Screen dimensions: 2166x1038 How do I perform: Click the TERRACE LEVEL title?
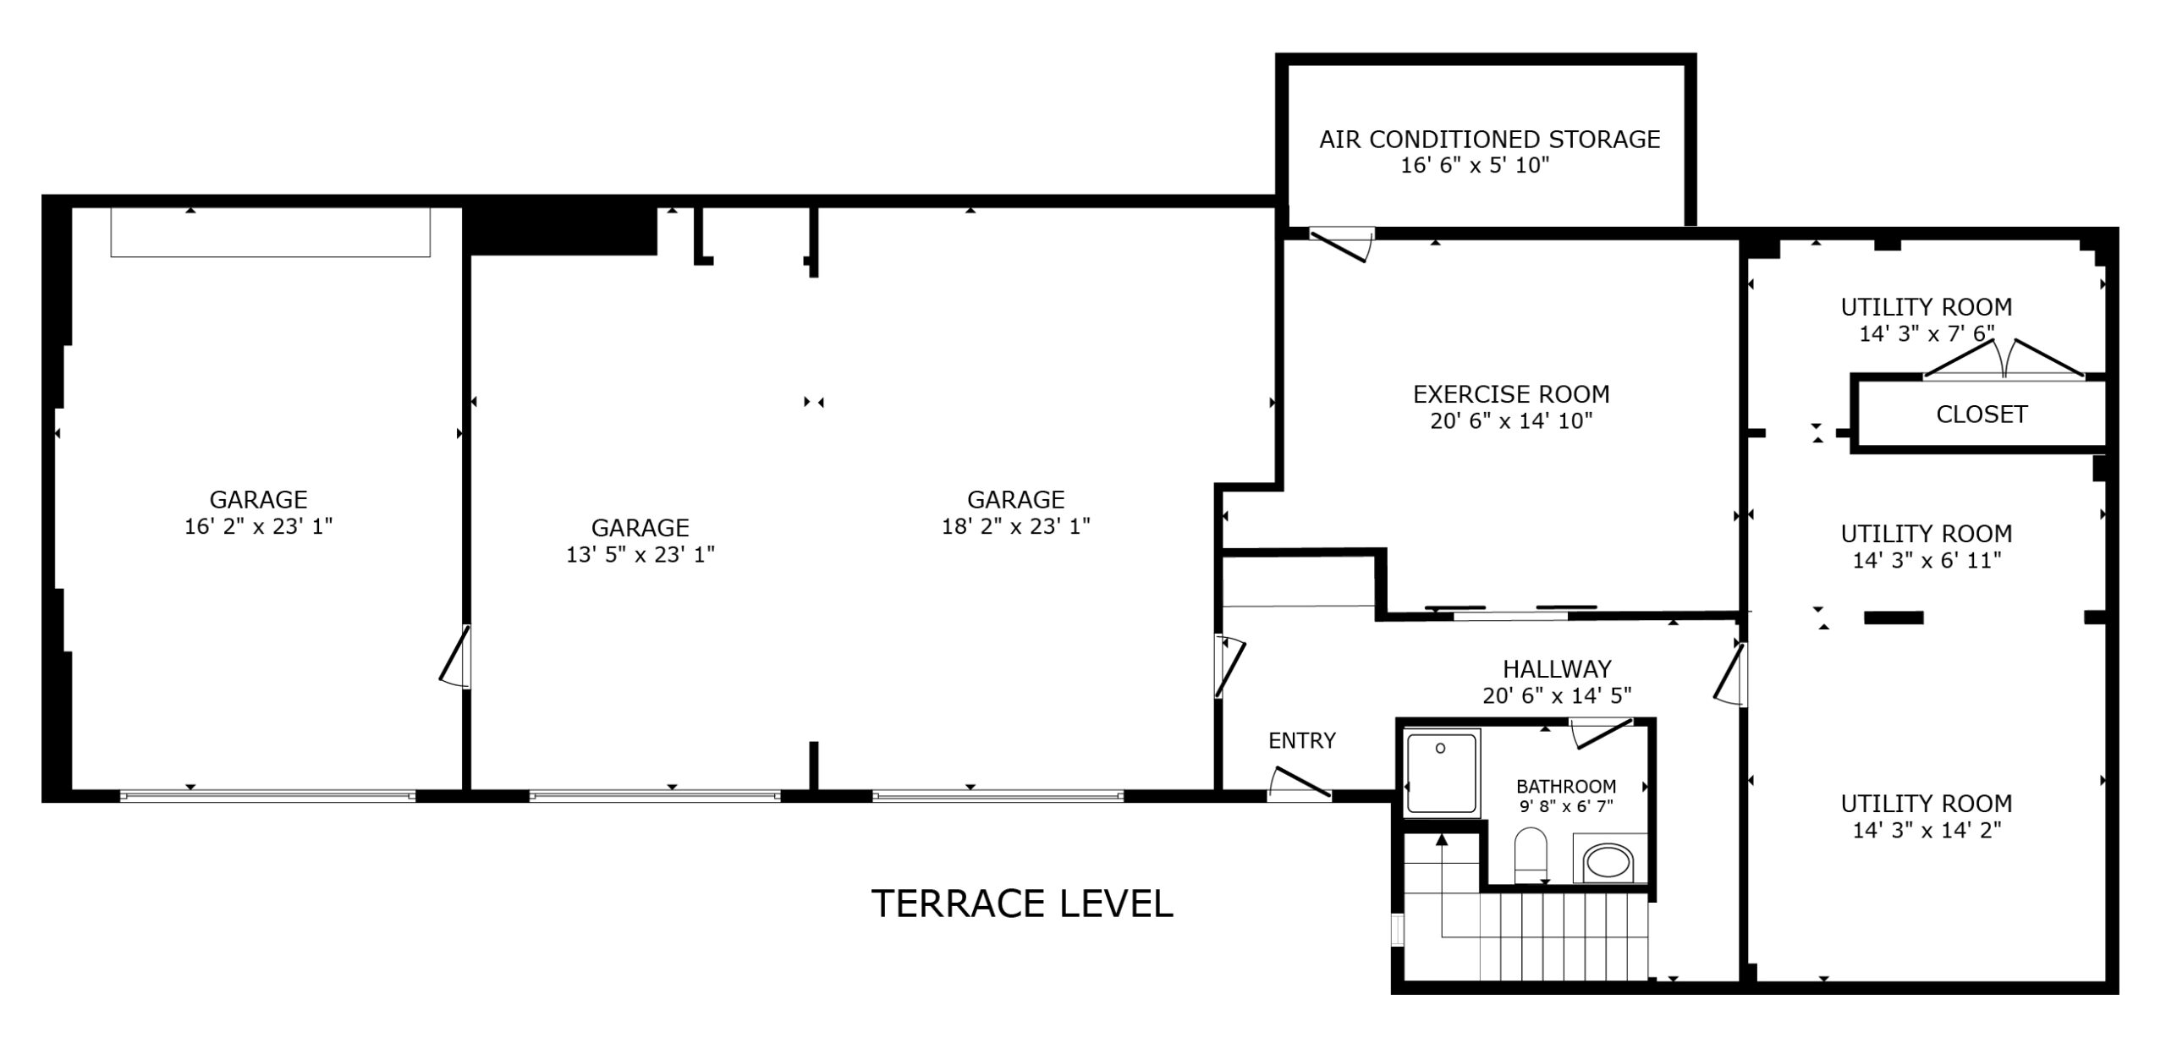pyautogui.click(x=1022, y=903)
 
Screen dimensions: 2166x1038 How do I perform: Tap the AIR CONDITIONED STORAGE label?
pyautogui.click(x=1490, y=140)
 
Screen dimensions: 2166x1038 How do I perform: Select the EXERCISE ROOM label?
pyautogui.click(x=1511, y=394)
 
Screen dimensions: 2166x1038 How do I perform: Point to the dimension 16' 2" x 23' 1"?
pyautogui.click(x=259, y=526)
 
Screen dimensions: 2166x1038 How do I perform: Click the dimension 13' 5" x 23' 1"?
pyautogui.click(x=640, y=555)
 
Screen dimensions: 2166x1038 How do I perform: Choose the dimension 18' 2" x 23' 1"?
pyautogui.click(x=1016, y=526)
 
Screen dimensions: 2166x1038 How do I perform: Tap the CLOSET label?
pyautogui.click(x=1982, y=415)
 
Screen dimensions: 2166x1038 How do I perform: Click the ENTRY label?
pyautogui.click(x=1302, y=741)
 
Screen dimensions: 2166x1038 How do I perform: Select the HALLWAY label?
pyautogui.click(x=1557, y=669)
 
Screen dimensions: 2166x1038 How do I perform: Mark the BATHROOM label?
pyautogui.click(x=1566, y=787)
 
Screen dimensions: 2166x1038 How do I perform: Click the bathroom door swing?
pyautogui.click(x=1601, y=733)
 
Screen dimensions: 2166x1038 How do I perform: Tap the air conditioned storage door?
pyautogui.click(x=1340, y=244)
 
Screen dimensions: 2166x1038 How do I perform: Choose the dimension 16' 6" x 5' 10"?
pyautogui.click(x=1475, y=166)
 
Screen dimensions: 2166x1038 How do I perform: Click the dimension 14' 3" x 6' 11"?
pyautogui.click(x=1927, y=560)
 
